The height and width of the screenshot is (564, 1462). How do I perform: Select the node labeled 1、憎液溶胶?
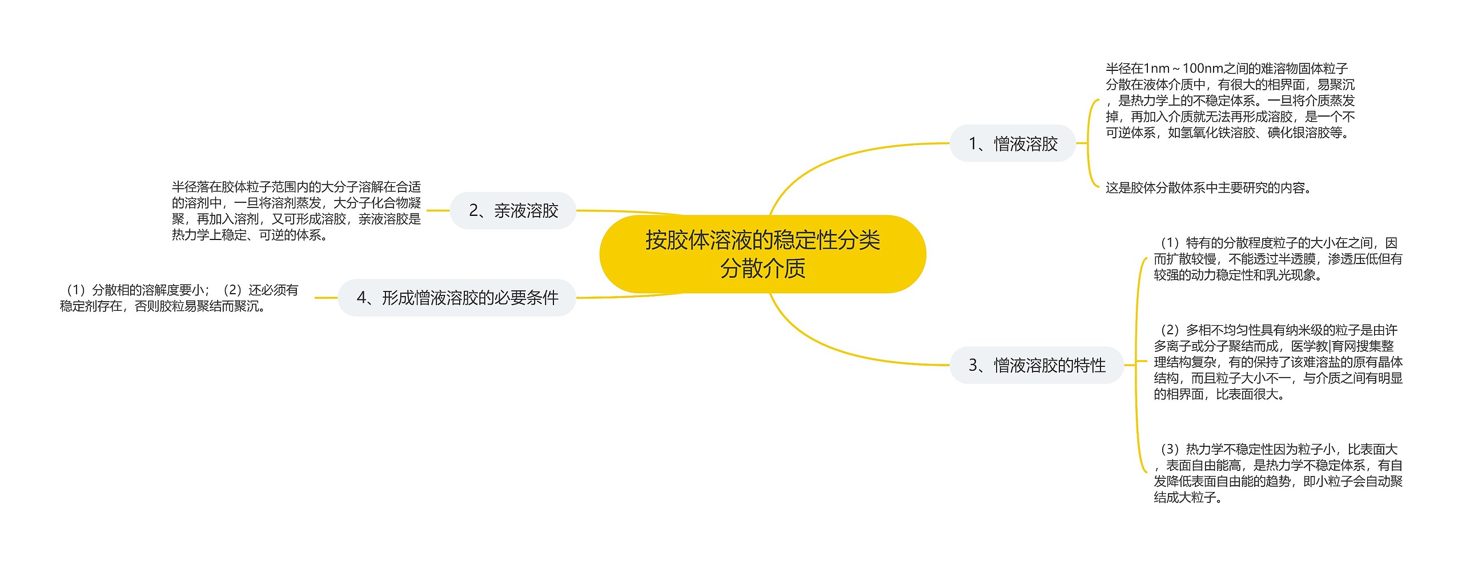point(1013,143)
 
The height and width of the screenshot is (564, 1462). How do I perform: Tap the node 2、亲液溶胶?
point(513,211)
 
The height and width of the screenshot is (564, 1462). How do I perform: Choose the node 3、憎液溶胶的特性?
point(1037,365)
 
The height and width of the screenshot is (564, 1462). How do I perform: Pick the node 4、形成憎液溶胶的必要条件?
point(457,298)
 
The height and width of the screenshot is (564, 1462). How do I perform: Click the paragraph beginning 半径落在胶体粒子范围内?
point(296,211)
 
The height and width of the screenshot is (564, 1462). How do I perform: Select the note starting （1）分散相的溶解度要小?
point(179,298)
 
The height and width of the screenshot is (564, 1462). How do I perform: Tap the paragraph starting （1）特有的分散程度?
point(1278,259)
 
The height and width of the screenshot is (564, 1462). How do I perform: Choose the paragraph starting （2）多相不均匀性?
point(1278,362)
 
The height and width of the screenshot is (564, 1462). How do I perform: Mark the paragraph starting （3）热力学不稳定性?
point(1278,473)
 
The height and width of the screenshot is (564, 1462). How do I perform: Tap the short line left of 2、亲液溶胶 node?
point(438,210)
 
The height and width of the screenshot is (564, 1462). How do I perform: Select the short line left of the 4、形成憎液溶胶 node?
point(326,298)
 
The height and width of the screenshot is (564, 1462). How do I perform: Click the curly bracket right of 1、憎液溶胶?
point(1089,143)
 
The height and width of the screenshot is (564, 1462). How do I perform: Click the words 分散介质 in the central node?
point(762,269)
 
